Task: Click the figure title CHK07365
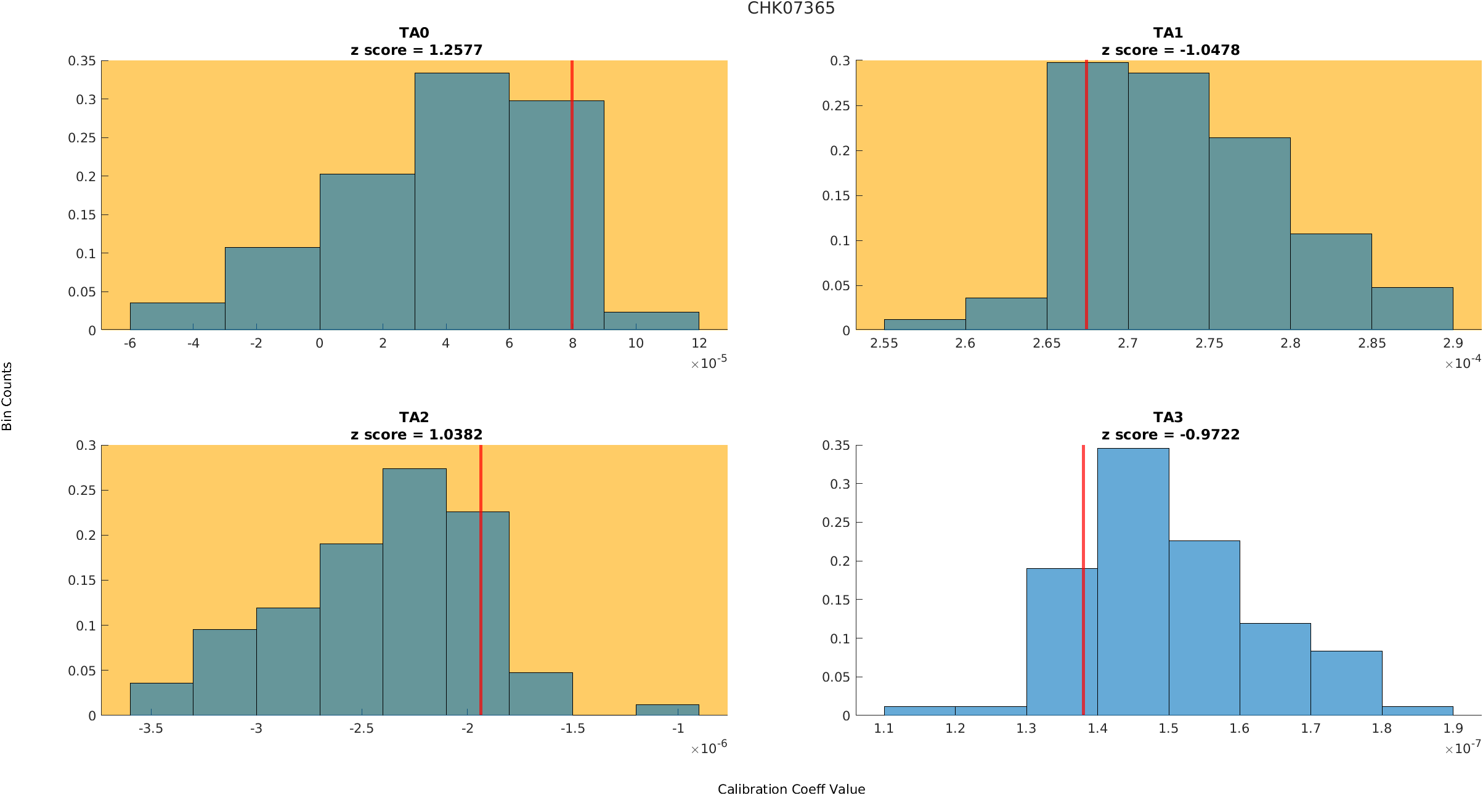(790, 8)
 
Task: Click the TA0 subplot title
(413, 33)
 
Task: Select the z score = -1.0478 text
(1170, 50)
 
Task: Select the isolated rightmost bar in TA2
(667, 709)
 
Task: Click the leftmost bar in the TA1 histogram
(924, 324)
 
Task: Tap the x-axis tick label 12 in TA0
(699, 343)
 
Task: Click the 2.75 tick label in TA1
(1209, 343)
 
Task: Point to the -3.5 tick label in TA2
(150, 728)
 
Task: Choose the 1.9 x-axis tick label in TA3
(1452, 728)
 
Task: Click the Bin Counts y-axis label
(7, 396)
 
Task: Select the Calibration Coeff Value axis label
(791, 789)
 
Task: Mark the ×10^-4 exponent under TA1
(1462, 362)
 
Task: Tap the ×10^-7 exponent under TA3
(1462, 748)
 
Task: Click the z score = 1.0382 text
(416, 434)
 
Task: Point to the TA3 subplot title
(1168, 417)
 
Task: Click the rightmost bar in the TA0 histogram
(651, 321)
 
